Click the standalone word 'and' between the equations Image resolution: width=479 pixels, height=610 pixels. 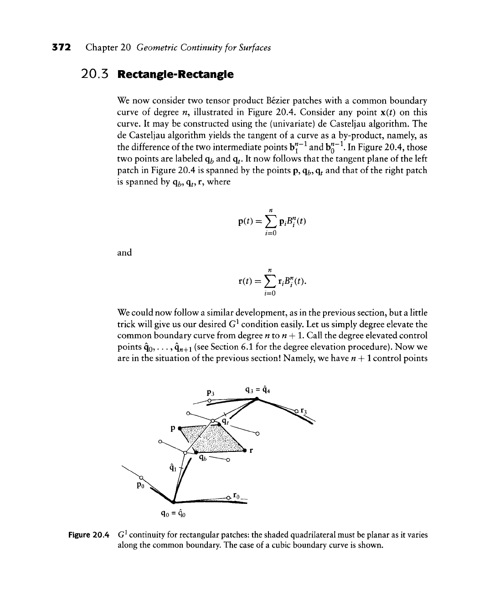pyautogui.click(x=124, y=252)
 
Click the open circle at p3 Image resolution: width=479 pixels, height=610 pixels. pyautogui.click(x=209, y=401)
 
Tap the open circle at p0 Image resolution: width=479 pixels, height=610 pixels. pyautogui.click(x=141, y=477)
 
